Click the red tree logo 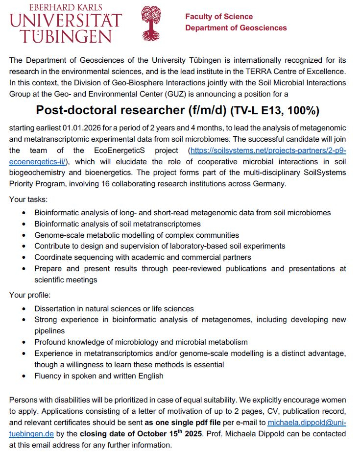point(150,24)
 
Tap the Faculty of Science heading point(218,17)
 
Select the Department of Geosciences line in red point(236,28)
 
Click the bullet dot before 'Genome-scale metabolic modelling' point(24,235)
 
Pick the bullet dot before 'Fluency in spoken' point(24,376)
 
